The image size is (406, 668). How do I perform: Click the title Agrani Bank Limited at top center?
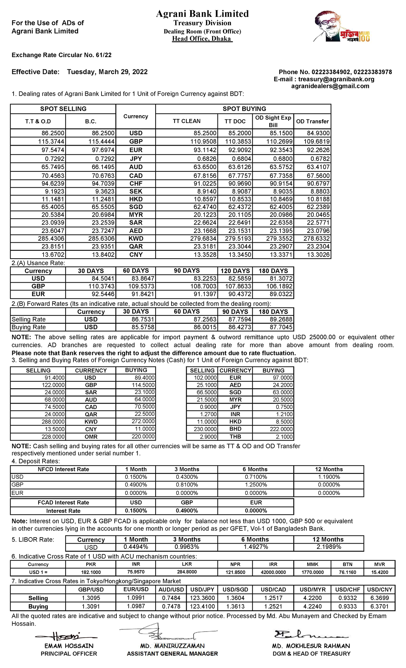202,14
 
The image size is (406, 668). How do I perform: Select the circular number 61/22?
104,55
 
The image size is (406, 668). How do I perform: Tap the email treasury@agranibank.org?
336,79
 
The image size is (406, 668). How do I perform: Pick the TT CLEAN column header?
186,121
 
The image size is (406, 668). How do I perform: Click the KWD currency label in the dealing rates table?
136,239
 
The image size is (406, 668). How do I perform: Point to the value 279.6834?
203,239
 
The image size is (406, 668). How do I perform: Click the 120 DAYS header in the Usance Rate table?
235,271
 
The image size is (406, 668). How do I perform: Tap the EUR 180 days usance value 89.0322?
281,294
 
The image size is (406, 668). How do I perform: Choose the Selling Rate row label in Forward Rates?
29,319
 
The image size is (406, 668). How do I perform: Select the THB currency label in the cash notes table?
235,436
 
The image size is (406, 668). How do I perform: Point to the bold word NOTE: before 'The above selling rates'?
21,337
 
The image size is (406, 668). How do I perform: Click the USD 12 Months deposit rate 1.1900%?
329,477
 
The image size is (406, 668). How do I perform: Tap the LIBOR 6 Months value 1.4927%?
256,547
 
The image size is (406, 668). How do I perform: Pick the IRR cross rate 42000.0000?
273,572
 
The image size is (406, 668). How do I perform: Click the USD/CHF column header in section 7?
347,590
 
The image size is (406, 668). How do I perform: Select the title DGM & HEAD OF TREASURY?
311,654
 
